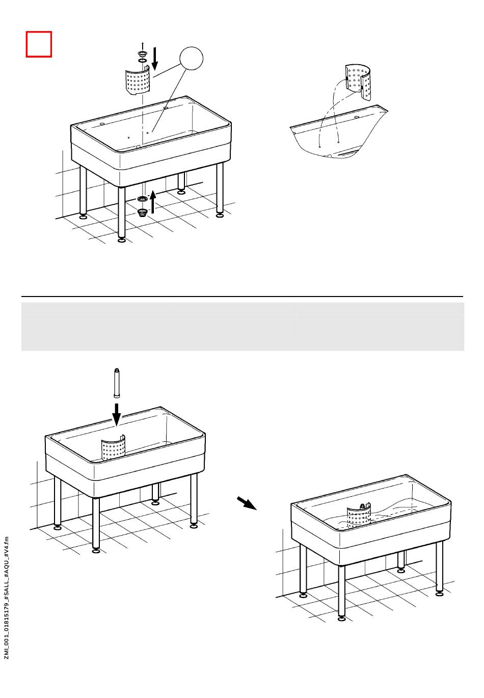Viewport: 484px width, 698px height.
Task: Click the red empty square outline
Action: [39, 44]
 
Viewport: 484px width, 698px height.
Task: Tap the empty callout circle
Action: [191, 59]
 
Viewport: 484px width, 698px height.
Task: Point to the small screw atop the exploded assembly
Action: [142, 45]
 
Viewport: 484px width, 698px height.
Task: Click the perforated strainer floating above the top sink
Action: [138, 79]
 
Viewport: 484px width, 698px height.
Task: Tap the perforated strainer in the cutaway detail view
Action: [358, 80]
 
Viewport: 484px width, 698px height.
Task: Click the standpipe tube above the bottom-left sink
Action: [117, 383]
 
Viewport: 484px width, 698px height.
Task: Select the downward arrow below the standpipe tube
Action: [117, 414]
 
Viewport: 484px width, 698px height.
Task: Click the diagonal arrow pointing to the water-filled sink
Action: [247, 503]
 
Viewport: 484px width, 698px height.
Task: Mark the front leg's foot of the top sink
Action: [121, 240]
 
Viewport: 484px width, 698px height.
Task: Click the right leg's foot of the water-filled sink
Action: [440, 593]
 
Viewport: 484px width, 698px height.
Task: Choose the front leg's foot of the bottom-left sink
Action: [96, 550]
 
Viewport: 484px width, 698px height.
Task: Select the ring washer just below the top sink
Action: [142, 198]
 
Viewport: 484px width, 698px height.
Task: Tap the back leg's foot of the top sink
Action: [181, 192]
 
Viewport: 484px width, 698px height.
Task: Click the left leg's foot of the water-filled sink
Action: [303, 595]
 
